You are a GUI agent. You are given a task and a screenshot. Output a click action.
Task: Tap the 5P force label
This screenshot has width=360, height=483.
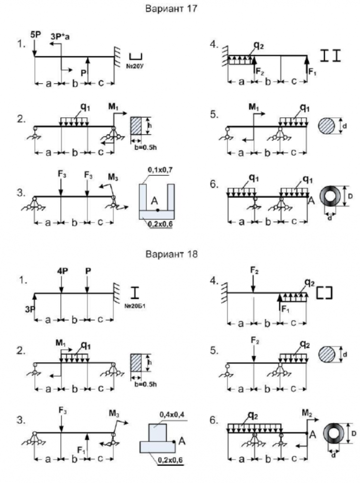[x=35, y=34]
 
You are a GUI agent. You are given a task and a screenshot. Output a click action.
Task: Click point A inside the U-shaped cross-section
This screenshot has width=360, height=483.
[x=158, y=210]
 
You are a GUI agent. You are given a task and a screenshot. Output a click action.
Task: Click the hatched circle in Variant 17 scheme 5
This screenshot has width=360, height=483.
[x=327, y=126]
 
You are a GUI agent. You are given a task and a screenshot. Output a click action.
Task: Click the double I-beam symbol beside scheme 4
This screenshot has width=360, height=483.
[x=331, y=56]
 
